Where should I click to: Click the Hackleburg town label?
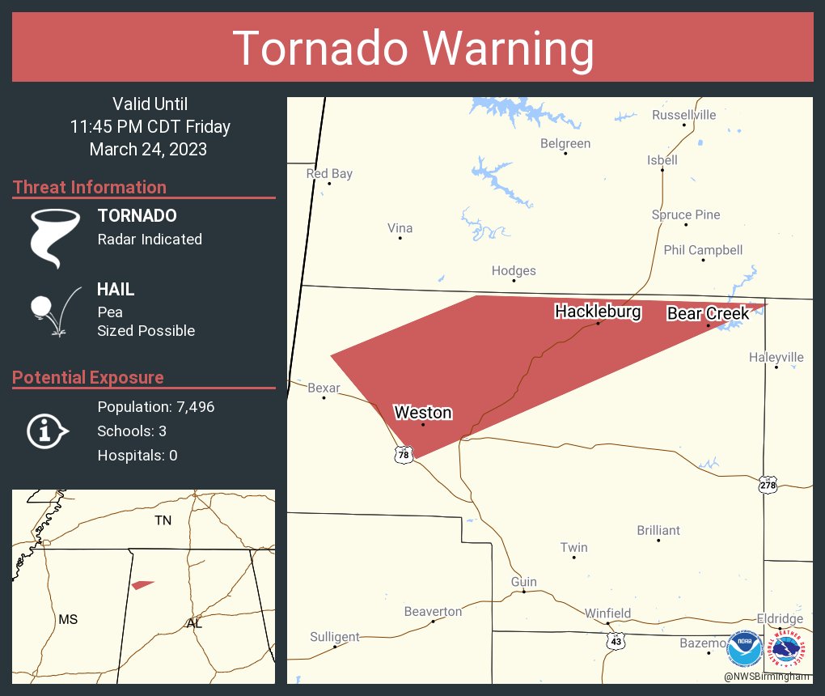pyautogui.click(x=598, y=312)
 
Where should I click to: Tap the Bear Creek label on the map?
pyautogui.click(x=708, y=313)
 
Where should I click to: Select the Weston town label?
pyautogui.click(x=422, y=413)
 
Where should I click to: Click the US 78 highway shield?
pyautogui.click(x=404, y=456)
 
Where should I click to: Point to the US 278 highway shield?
pyautogui.click(x=768, y=485)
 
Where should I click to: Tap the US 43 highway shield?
pyautogui.click(x=616, y=640)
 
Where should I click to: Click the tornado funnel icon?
pyautogui.click(x=55, y=238)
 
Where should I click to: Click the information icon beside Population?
pyautogui.click(x=47, y=431)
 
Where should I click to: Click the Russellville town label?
pyautogui.click(x=683, y=115)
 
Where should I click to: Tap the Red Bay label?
pyautogui.click(x=329, y=174)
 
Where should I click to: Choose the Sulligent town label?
pyautogui.click(x=335, y=637)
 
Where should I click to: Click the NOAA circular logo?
pyautogui.click(x=744, y=649)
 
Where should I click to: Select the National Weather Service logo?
pyautogui.click(x=788, y=649)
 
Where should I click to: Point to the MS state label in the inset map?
pyautogui.click(x=68, y=619)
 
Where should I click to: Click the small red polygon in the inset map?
pyautogui.click(x=142, y=584)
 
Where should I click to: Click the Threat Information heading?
pyautogui.click(x=90, y=188)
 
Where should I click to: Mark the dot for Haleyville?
pyautogui.click(x=776, y=367)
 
